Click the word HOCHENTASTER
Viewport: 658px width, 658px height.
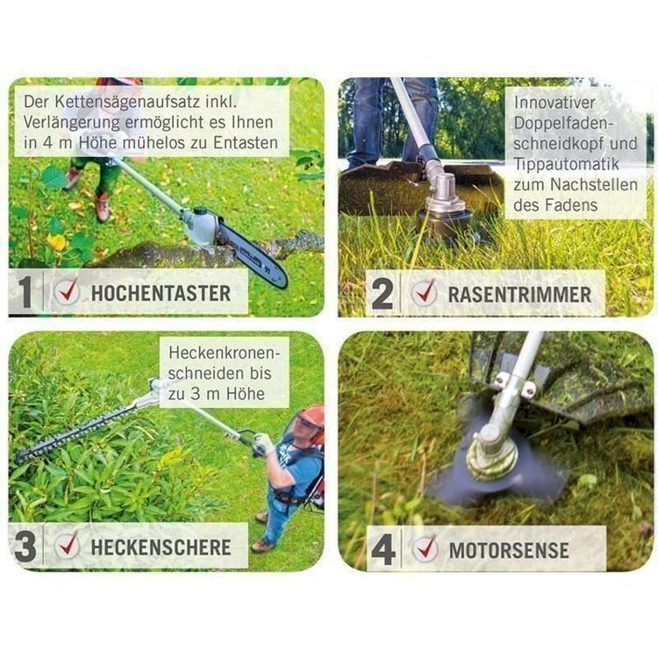[x=161, y=293]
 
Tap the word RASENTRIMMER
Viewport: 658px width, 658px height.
[x=519, y=294]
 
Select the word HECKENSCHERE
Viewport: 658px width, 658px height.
[x=161, y=547]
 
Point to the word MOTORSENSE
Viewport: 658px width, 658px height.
[x=509, y=550]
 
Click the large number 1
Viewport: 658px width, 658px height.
[x=25, y=291]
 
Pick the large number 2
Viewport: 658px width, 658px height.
[x=383, y=293]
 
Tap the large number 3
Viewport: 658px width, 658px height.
[x=25, y=546]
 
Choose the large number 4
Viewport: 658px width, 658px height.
[x=383, y=549]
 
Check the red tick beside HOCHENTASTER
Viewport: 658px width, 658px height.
[x=68, y=290]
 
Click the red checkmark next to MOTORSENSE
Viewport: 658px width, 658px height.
[x=426, y=547]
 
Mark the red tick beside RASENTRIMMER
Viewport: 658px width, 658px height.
[x=425, y=291]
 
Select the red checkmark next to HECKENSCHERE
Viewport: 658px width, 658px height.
[x=68, y=544]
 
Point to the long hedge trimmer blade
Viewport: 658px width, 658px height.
[x=75, y=434]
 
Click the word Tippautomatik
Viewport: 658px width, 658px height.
[x=566, y=164]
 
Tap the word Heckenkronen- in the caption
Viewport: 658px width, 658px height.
[x=224, y=353]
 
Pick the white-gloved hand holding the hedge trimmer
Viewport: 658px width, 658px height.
[x=265, y=444]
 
